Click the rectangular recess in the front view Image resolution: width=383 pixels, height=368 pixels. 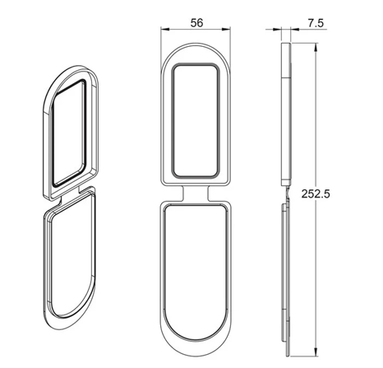pyautogui.click(x=195, y=121)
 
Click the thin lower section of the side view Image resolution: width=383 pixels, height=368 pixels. pyautogui.click(x=284, y=272)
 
